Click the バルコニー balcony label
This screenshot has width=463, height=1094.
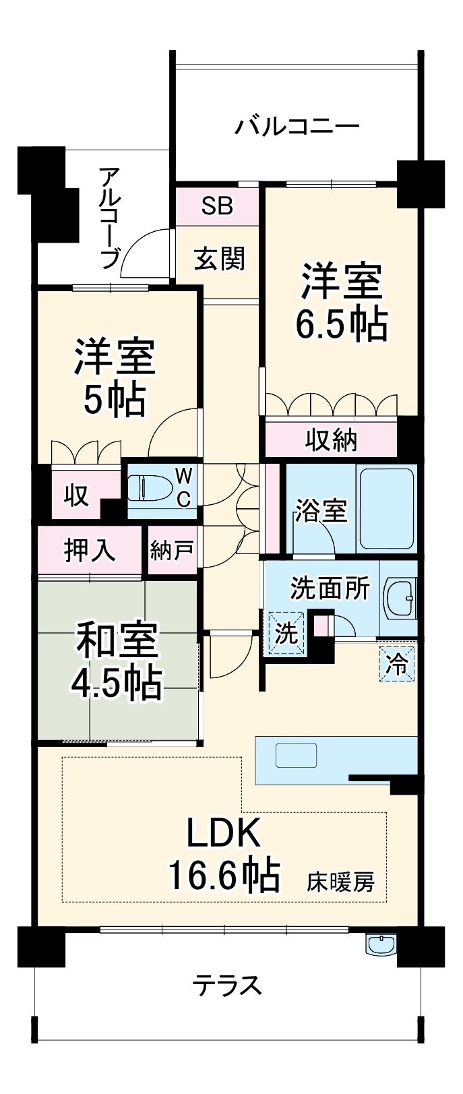[x=297, y=126]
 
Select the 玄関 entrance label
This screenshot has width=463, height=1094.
[x=218, y=259]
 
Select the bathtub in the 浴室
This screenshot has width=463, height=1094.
[x=386, y=508]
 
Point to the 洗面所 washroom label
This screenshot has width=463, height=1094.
[x=330, y=588]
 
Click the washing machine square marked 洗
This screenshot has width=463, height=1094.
[x=286, y=633]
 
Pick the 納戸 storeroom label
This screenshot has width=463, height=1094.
[x=172, y=551]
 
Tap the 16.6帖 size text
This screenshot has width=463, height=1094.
[x=223, y=876]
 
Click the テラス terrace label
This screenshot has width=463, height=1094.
[x=227, y=985]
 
